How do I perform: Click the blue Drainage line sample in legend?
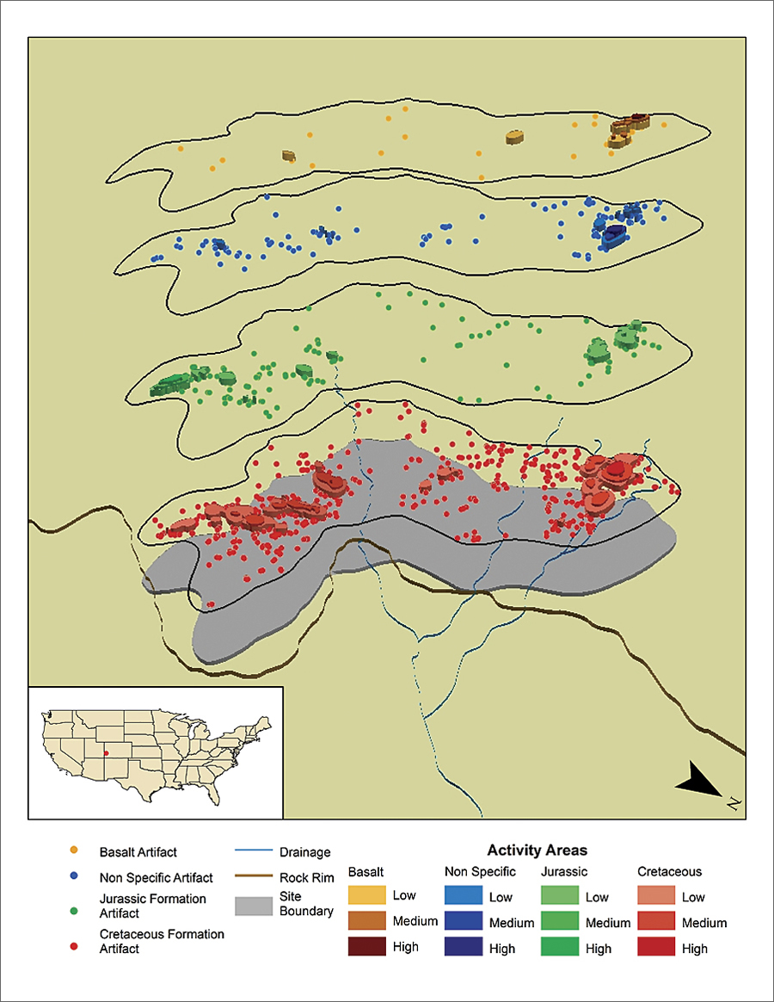(x=255, y=852)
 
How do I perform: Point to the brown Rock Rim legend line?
(x=255, y=878)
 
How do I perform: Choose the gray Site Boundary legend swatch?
(x=255, y=905)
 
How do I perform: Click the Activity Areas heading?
(x=537, y=850)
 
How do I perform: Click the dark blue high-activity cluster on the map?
(x=615, y=232)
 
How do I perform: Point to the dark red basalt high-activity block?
(x=637, y=118)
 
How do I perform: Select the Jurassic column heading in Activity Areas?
(x=563, y=872)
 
